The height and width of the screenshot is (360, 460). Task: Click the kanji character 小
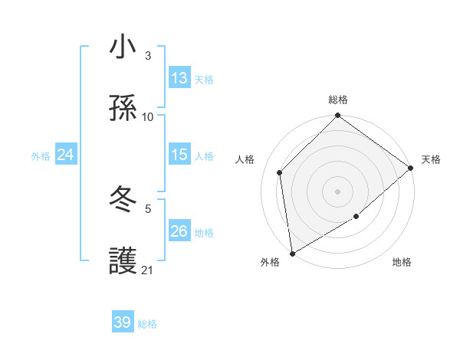point(123,47)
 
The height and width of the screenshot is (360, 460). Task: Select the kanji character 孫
point(123,110)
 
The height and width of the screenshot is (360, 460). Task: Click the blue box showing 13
point(179,78)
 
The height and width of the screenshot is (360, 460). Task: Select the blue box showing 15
point(179,155)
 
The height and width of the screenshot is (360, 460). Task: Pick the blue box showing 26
point(179,231)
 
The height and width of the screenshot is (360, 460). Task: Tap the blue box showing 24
point(65,155)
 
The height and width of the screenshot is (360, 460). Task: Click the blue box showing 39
point(123,322)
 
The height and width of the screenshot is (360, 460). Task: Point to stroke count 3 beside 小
point(148,56)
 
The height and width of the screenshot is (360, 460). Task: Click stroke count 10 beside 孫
point(148,117)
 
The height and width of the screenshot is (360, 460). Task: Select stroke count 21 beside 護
point(148,270)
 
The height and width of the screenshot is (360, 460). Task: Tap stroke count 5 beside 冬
point(148,208)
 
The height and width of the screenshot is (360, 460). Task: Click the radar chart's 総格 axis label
point(338,100)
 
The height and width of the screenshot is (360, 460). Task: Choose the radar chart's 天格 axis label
point(431,159)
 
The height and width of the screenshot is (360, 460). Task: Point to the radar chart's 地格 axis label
point(402,263)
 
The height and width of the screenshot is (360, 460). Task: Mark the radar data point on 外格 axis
point(292,253)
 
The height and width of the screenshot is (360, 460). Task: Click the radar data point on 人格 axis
point(280,172)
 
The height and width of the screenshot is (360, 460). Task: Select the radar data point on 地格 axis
point(356,217)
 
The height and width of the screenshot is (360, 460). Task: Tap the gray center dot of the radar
point(337,191)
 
